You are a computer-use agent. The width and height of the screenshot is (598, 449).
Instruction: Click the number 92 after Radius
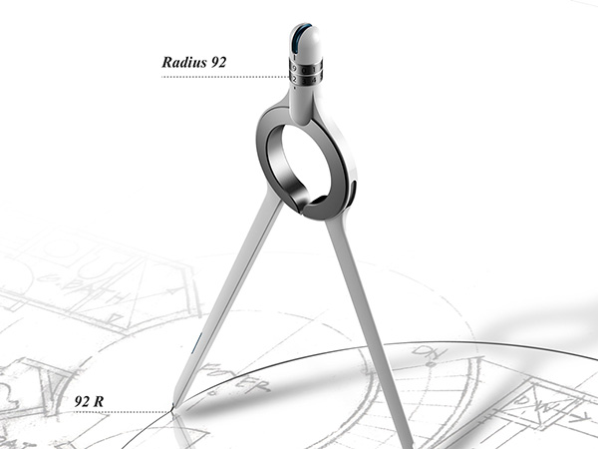[213, 62]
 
